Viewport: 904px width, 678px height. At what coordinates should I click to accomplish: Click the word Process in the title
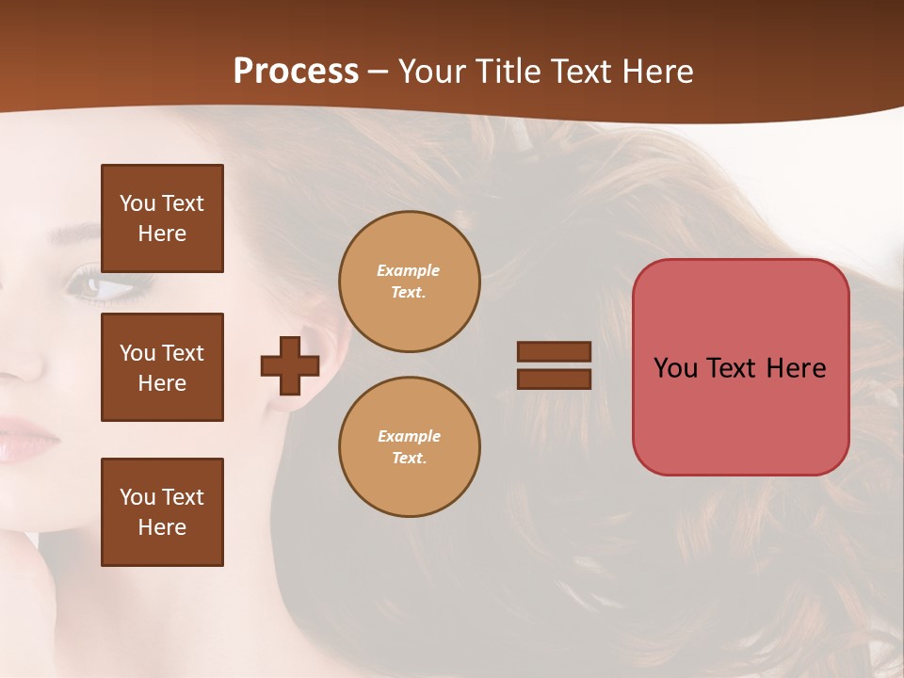296,72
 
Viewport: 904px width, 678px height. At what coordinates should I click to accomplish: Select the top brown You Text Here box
162,218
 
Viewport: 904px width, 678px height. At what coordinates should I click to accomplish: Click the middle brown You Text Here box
162,367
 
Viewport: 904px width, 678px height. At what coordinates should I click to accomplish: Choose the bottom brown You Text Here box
162,512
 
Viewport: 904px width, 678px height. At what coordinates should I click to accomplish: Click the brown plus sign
290,365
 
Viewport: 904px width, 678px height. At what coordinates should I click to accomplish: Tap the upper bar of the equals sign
554,351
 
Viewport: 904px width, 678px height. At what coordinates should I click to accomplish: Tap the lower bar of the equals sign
554,379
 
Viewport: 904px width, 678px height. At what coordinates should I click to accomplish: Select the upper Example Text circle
410,282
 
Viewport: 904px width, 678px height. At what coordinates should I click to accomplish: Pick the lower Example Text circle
410,447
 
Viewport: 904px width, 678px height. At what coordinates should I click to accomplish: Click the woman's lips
28,438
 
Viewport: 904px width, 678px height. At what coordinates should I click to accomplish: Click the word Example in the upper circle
409,270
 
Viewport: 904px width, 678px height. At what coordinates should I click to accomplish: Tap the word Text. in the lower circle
409,459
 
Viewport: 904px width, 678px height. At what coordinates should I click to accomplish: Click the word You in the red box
675,368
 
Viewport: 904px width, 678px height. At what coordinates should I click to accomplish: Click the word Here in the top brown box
162,234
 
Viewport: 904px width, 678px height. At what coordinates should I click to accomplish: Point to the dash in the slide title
379,72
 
